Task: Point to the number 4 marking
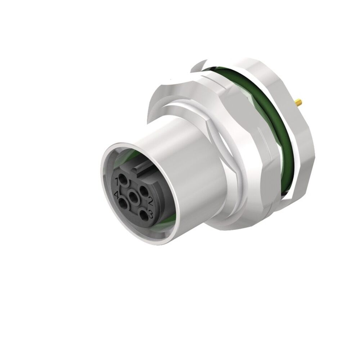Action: point(116,195)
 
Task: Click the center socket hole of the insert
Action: point(134,197)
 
